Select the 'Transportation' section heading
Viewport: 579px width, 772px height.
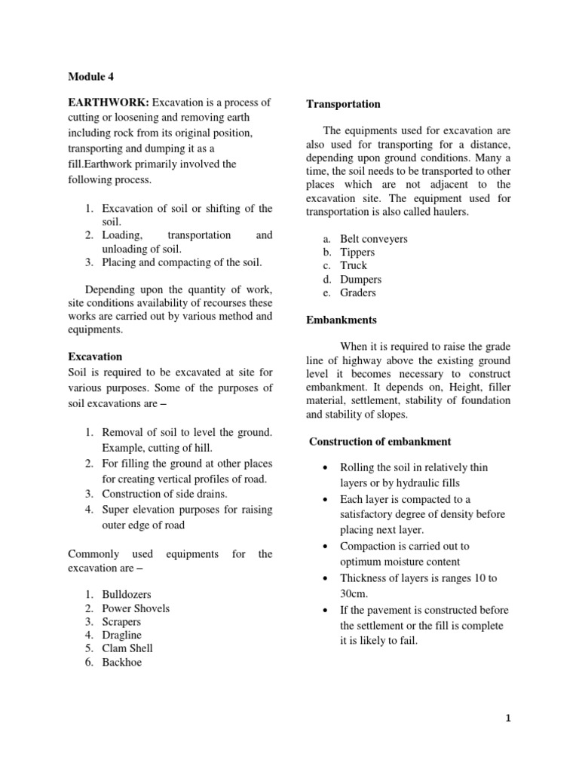point(343,104)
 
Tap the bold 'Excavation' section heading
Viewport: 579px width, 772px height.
point(95,356)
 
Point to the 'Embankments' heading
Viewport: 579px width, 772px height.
point(342,320)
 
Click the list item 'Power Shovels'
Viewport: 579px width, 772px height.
point(136,608)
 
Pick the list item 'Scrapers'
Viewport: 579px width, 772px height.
point(121,622)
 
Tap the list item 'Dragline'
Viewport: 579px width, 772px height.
point(122,636)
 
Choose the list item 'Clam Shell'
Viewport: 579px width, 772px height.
point(127,648)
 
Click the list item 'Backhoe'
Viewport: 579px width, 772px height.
point(122,663)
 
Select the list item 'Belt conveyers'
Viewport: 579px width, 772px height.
point(374,239)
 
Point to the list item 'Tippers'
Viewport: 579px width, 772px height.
point(357,253)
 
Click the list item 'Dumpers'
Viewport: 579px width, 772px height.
point(360,279)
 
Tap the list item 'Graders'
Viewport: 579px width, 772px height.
point(358,293)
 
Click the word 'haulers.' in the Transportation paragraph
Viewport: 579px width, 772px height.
point(449,212)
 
